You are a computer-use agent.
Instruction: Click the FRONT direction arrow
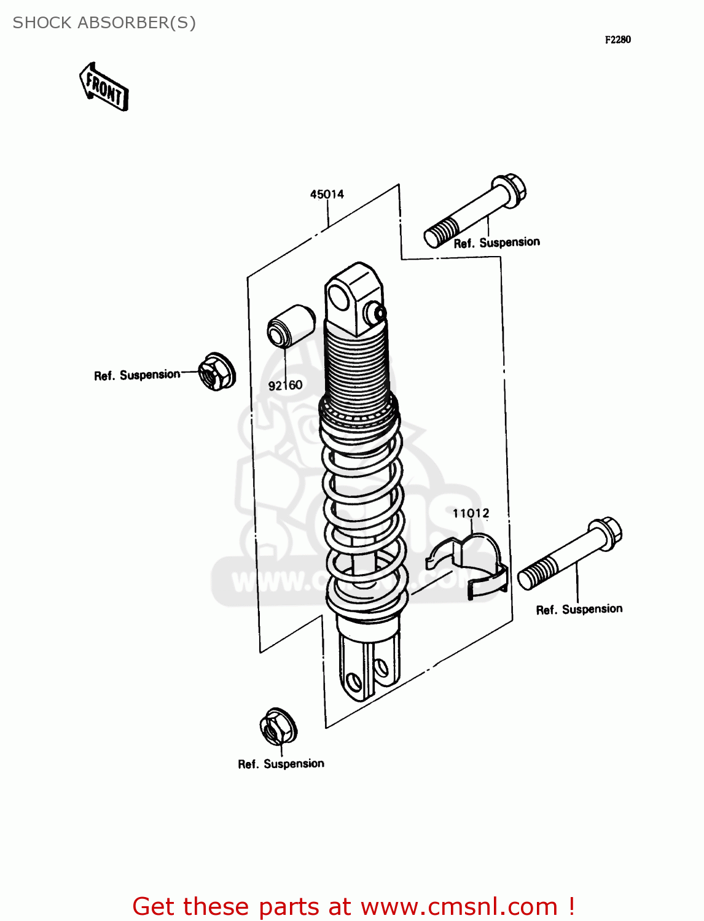click(104, 87)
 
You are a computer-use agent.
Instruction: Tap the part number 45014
click(327, 195)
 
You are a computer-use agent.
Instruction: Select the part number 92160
click(285, 386)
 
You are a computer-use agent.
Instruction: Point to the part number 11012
click(471, 513)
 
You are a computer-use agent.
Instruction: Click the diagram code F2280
click(617, 40)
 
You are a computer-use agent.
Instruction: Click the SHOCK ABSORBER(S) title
click(104, 23)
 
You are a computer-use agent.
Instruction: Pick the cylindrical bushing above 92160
click(291, 326)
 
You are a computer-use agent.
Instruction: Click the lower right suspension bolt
click(569, 553)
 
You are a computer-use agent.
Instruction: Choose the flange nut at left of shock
click(216, 371)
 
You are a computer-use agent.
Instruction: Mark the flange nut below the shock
click(278, 728)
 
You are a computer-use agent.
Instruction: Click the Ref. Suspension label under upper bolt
click(496, 243)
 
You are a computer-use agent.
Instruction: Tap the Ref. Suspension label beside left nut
click(137, 375)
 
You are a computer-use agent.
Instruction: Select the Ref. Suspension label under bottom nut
click(281, 764)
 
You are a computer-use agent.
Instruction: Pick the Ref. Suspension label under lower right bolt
click(579, 609)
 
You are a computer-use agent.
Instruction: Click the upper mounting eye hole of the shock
click(338, 298)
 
